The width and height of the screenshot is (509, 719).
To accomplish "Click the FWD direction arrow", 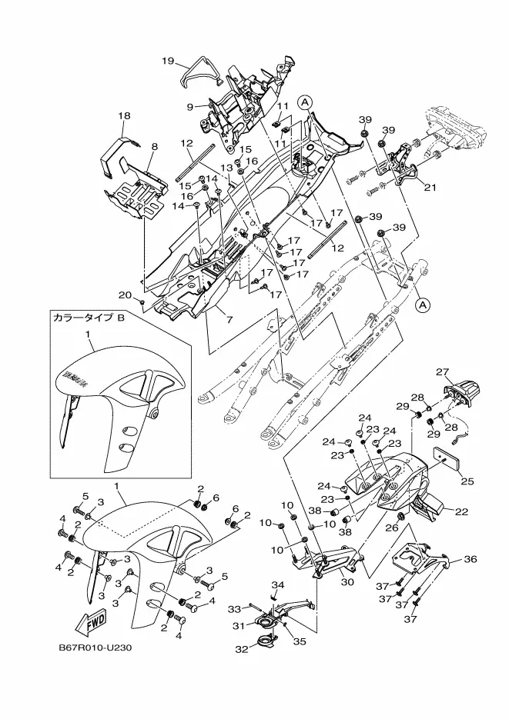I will [92, 620].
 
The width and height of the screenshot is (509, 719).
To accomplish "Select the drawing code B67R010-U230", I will [95, 647].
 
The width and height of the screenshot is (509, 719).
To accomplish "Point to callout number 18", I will [124, 115].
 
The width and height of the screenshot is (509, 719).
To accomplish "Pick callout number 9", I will [189, 107].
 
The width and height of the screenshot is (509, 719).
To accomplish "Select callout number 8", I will [154, 146].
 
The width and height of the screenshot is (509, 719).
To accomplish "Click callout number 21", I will [430, 187].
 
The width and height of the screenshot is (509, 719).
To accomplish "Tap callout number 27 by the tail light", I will [442, 371].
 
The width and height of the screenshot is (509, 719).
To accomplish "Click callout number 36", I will [471, 559].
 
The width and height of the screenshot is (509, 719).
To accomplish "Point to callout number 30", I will [347, 582].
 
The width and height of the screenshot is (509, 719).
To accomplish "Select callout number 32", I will [241, 650].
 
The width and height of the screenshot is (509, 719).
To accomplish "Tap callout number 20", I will [125, 295].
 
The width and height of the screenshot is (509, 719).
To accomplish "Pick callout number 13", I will [227, 167].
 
